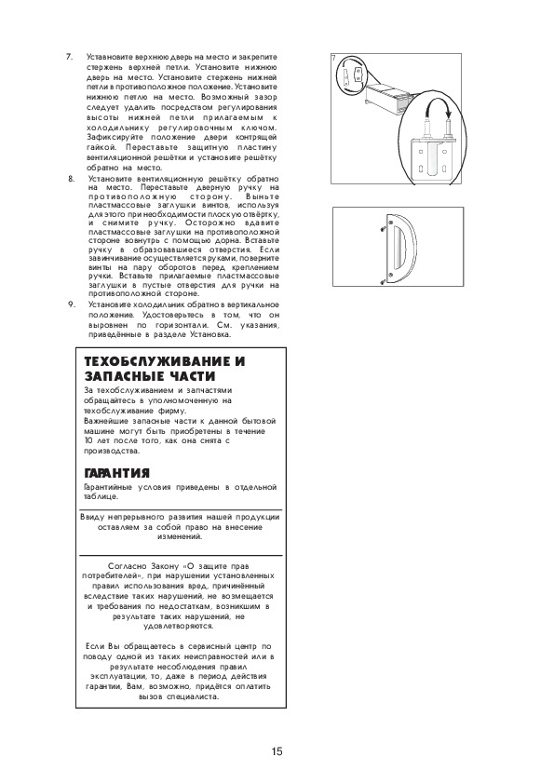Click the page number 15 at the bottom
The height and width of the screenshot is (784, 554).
(x=277, y=751)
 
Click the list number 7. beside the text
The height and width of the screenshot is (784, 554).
(x=70, y=57)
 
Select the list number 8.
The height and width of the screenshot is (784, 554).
(x=71, y=179)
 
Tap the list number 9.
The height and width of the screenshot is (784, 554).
(x=72, y=304)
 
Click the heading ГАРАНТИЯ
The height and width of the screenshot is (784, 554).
(x=117, y=472)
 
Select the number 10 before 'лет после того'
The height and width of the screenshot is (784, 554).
(x=88, y=440)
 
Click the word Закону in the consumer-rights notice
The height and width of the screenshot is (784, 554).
(x=165, y=566)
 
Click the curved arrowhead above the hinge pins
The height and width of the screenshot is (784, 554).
(x=449, y=113)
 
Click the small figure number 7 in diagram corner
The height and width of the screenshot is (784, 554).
(x=334, y=59)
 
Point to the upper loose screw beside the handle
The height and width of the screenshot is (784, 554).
(x=382, y=229)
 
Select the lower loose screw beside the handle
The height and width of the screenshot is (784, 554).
(x=383, y=281)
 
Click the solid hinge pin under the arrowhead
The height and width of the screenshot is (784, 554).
(x=449, y=129)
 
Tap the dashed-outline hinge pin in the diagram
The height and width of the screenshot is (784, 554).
(x=426, y=129)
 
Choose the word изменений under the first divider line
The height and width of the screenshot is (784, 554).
(x=180, y=536)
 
